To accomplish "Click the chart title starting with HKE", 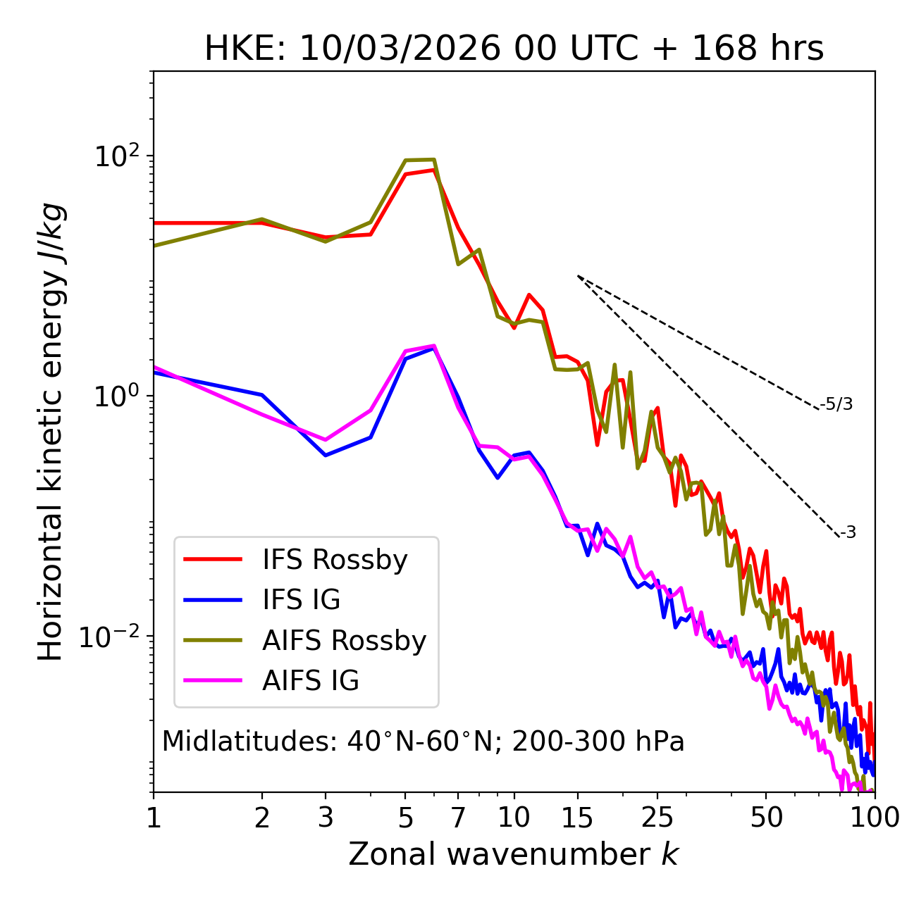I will [514, 49].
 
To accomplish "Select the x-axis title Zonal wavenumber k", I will [513, 854].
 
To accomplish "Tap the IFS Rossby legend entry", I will [335, 560].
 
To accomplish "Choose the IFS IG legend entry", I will [302, 600].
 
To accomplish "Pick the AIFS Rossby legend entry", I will [344, 641].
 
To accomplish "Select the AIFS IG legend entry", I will [311, 681].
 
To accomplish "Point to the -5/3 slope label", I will [836, 405].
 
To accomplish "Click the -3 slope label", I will [848, 533].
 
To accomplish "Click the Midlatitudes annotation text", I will [423, 742].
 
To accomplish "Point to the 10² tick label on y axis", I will [116, 156].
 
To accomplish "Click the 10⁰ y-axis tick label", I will [116, 396].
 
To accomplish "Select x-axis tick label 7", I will [458, 818].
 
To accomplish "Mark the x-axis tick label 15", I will [577, 818].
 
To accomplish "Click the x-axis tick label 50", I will [766, 818].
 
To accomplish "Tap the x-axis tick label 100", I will [874, 818].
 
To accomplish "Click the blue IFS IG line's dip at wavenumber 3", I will [326, 455].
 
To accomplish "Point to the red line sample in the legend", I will [213, 560].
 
